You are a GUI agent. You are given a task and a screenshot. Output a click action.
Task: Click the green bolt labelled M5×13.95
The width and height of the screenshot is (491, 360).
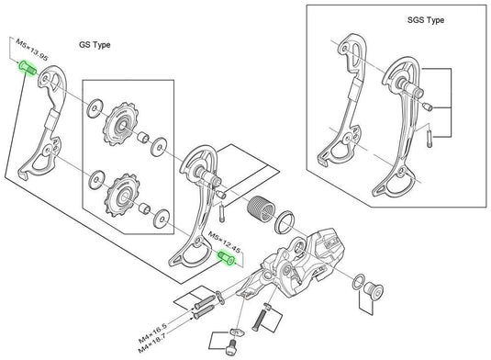(x=26, y=69)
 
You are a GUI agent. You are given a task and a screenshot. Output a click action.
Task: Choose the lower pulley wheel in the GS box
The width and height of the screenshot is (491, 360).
(x=120, y=194)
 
